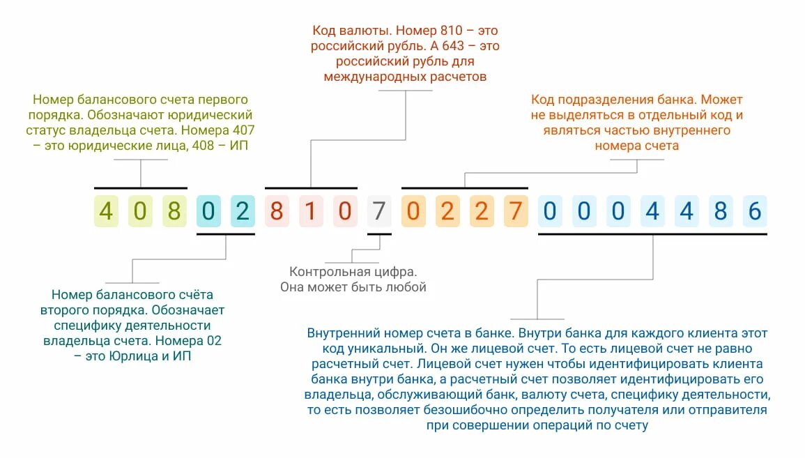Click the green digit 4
click(x=106, y=211)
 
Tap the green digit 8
click(x=174, y=211)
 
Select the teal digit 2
click(x=242, y=211)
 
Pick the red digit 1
click(x=310, y=211)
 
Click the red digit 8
click(x=277, y=211)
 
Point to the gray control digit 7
click(x=378, y=211)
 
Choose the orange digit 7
click(x=515, y=211)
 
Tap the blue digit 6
click(x=753, y=211)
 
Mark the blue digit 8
click(x=720, y=211)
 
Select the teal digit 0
click(x=208, y=211)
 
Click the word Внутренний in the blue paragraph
click(x=341, y=333)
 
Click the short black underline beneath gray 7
click(x=379, y=234)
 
